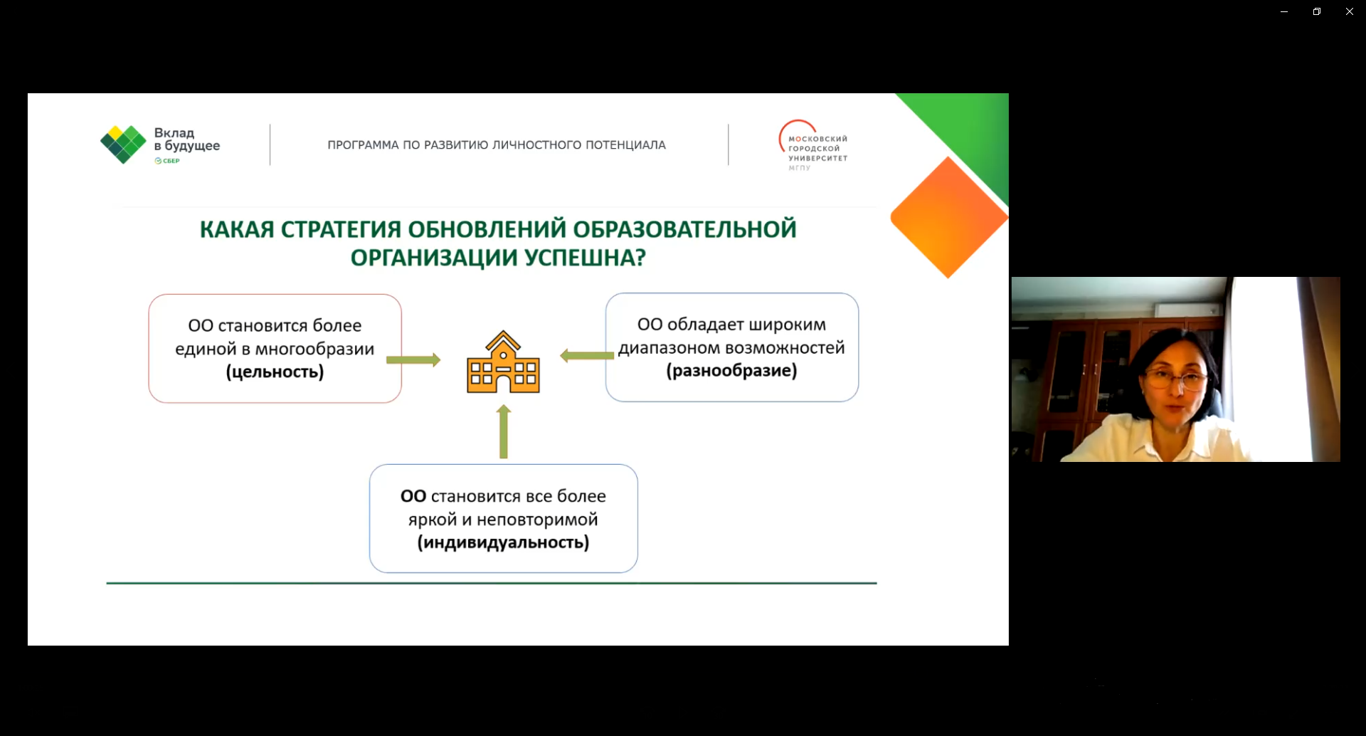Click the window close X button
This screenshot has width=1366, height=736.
click(x=1349, y=11)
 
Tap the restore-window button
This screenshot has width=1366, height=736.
click(x=1317, y=11)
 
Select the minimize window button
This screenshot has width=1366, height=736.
click(x=1284, y=11)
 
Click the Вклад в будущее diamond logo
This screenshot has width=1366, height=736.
click(x=123, y=144)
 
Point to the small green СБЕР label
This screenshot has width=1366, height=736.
click(x=167, y=161)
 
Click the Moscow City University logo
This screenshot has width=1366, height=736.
click(x=812, y=145)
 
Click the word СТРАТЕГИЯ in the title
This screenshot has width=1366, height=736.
click(x=341, y=229)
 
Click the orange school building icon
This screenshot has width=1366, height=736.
click(x=503, y=362)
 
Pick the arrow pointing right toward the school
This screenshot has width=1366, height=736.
click(x=413, y=359)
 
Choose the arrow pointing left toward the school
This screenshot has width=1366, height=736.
click(x=587, y=355)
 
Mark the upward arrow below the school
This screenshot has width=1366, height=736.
click(x=504, y=431)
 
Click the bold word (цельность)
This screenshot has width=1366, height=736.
click(x=275, y=372)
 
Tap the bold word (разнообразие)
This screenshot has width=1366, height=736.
click(x=731, y=371)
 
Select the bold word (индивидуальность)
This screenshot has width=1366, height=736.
click(x=503, y=543)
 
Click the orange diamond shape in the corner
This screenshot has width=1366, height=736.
click(x=949, y=217)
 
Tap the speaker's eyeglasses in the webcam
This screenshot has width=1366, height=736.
click(x=1177, y=378)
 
